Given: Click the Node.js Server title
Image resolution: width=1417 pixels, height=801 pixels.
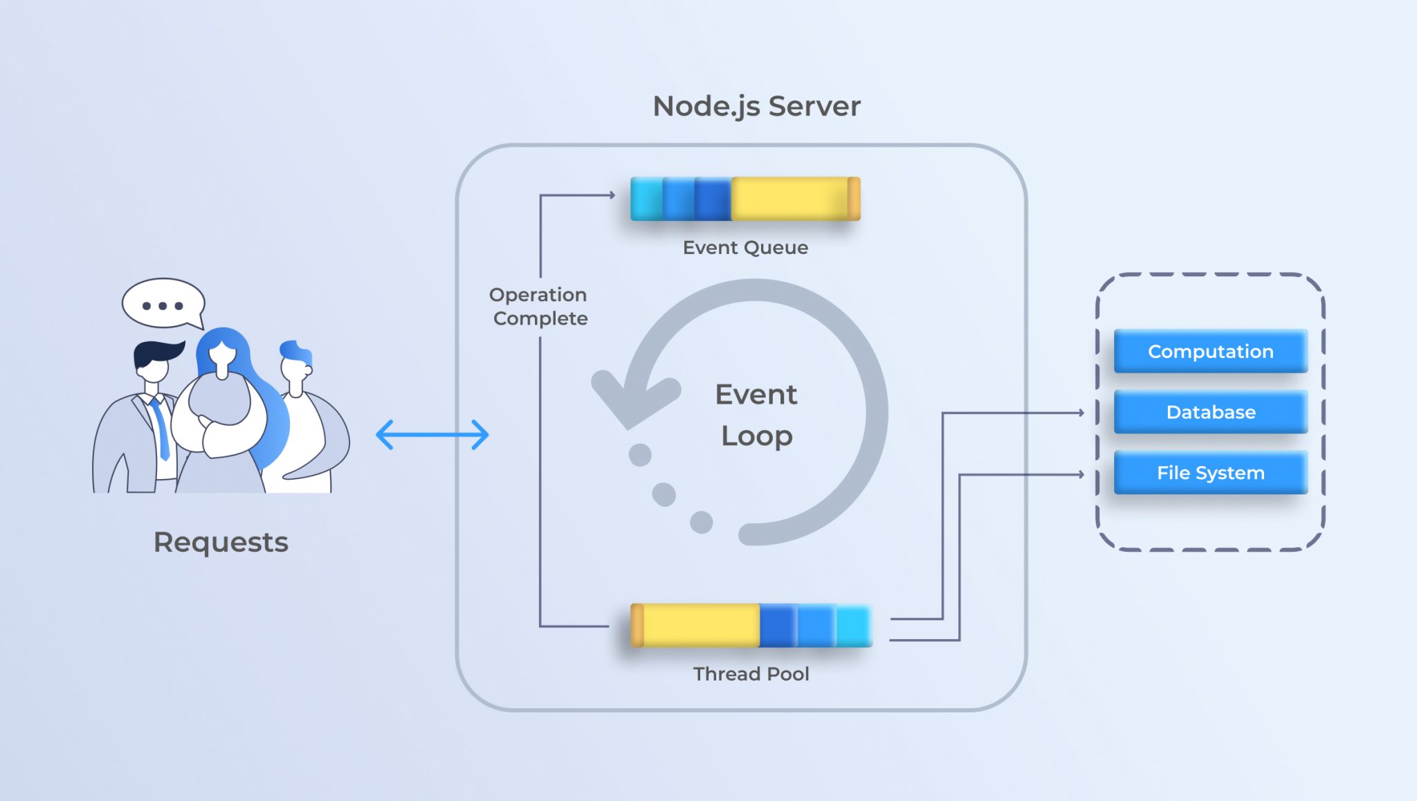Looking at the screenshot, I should click(756, 106).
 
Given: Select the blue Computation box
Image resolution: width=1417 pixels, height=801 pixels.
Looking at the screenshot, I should click(1210, 351).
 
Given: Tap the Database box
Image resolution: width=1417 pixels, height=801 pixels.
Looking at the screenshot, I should click(1210, 412).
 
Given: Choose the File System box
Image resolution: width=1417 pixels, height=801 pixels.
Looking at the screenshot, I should click(1210, 473).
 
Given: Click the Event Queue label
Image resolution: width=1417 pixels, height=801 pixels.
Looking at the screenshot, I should click(745, 248).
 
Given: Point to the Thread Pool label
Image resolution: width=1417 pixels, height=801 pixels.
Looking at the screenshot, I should click(751, 674).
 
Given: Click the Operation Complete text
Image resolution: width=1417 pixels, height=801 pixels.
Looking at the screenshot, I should click(539, 306).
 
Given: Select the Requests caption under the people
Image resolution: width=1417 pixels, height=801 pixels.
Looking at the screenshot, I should click(221, 542).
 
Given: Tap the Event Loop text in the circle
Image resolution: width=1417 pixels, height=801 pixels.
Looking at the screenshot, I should click(756, 415).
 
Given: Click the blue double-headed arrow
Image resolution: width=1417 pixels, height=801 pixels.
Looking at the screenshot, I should click(432, 435).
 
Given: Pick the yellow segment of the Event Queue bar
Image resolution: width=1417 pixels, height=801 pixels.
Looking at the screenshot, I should click(789, 199).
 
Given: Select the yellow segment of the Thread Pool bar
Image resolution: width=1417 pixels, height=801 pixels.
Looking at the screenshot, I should click(700, 625).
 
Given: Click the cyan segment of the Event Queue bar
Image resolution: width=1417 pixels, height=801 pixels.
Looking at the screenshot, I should click(647, 199).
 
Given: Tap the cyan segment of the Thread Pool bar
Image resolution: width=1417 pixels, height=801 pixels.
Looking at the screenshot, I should click(854, 625).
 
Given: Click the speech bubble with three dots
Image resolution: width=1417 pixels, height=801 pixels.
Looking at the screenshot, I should click(163, 305).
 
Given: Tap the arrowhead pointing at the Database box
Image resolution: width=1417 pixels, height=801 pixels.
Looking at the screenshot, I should click(1081, 413).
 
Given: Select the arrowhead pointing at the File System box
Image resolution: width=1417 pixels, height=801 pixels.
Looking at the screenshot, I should click(1081, 474).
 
